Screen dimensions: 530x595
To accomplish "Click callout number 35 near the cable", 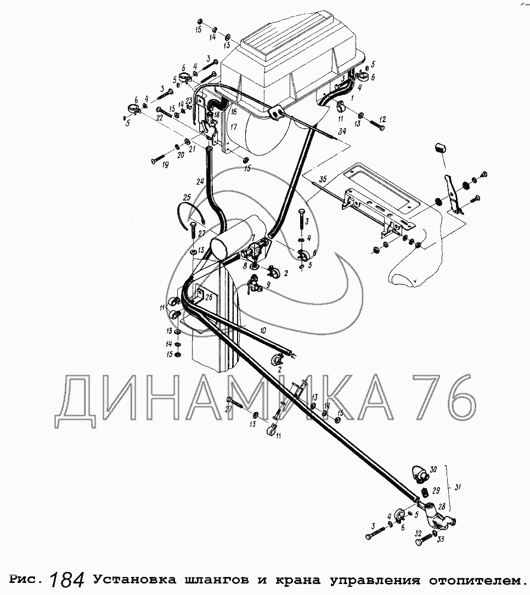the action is click(323, 179).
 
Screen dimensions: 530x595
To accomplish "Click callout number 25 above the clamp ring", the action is click(187, 197).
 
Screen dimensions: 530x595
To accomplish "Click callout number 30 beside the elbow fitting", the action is click(433, 470).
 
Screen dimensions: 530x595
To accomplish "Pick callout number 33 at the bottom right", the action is click(441, 539).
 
